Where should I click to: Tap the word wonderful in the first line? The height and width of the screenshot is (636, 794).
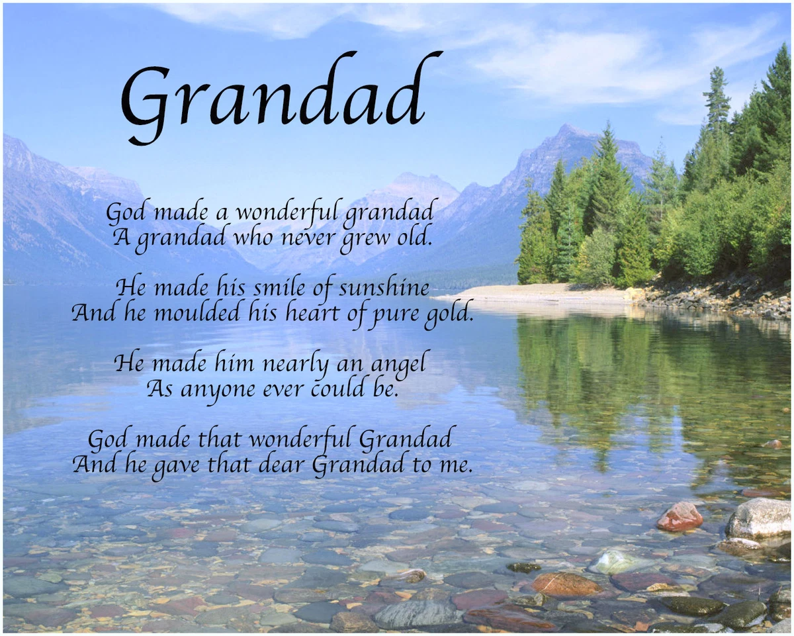287,212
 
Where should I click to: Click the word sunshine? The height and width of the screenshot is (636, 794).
384,289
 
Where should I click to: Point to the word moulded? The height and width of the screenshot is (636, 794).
197,313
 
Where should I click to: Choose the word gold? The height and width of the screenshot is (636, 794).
449,316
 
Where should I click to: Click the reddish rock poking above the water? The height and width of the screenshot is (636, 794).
680,516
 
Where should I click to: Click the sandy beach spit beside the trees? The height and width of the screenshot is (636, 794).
535,293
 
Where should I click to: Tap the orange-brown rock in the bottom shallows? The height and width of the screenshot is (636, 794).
566,584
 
